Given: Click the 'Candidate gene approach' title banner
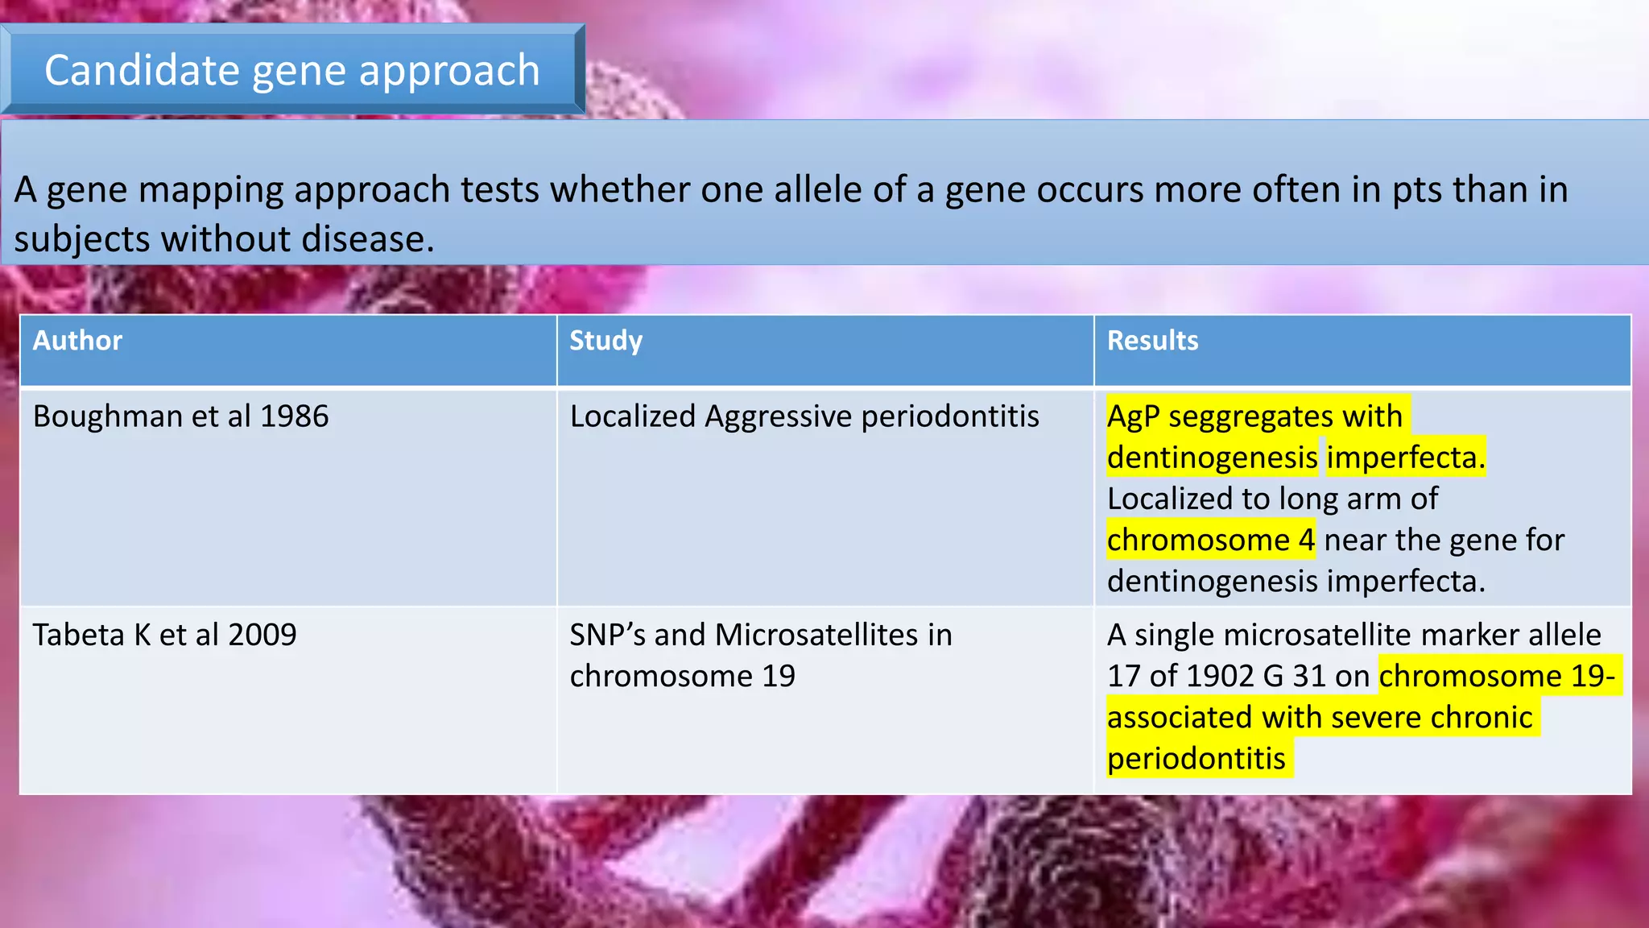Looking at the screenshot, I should click(x=292, y=70).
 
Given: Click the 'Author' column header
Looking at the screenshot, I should click(x=77, y=341).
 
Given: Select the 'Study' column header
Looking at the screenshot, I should click(x=605, y=341).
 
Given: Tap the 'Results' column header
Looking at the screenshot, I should click(x=1152, y=341).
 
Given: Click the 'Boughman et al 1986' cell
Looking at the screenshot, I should click(x=181, y=416).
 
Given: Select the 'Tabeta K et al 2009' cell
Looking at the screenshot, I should click(x=165, y=635).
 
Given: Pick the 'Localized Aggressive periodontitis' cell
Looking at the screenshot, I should click(x=804, y=416).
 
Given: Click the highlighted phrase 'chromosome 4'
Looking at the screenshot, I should click(x=1210, y=540).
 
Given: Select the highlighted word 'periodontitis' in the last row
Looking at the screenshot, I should click(x=1196, y=759).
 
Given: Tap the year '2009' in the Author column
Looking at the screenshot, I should click(x=262, y=635).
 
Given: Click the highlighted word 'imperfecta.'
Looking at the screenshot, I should click(x=1405, y=458).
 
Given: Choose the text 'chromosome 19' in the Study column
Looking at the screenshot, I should click(x=682, y=676).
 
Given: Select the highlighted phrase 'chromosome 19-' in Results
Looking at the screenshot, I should click(x=1497, y=676).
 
